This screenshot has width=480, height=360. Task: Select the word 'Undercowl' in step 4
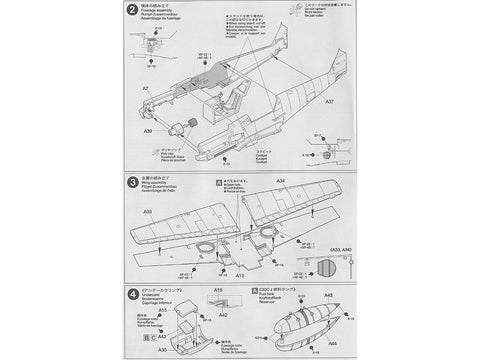[150, 302]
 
